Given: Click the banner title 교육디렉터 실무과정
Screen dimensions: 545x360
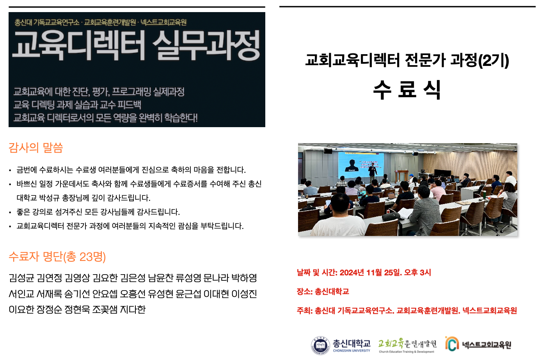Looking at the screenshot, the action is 136,46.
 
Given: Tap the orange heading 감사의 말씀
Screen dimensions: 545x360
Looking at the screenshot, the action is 36,148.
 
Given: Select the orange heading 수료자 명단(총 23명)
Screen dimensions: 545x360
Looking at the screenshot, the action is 57,257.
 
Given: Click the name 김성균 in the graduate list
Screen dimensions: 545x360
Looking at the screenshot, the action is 21,278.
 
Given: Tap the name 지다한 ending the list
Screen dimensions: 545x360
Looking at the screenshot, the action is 133,310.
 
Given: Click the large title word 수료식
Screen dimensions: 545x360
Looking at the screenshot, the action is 407,90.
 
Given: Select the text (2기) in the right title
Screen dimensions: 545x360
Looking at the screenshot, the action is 494,60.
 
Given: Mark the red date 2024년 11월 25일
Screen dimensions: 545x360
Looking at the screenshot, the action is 369,272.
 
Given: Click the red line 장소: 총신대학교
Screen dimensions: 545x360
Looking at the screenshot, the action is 323,291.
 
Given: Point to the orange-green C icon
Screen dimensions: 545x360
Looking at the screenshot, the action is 452,344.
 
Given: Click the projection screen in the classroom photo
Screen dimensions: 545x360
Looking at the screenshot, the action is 361,165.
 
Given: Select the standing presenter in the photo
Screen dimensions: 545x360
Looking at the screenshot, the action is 372,173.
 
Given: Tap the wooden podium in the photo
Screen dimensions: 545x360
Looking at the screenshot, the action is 401,176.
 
